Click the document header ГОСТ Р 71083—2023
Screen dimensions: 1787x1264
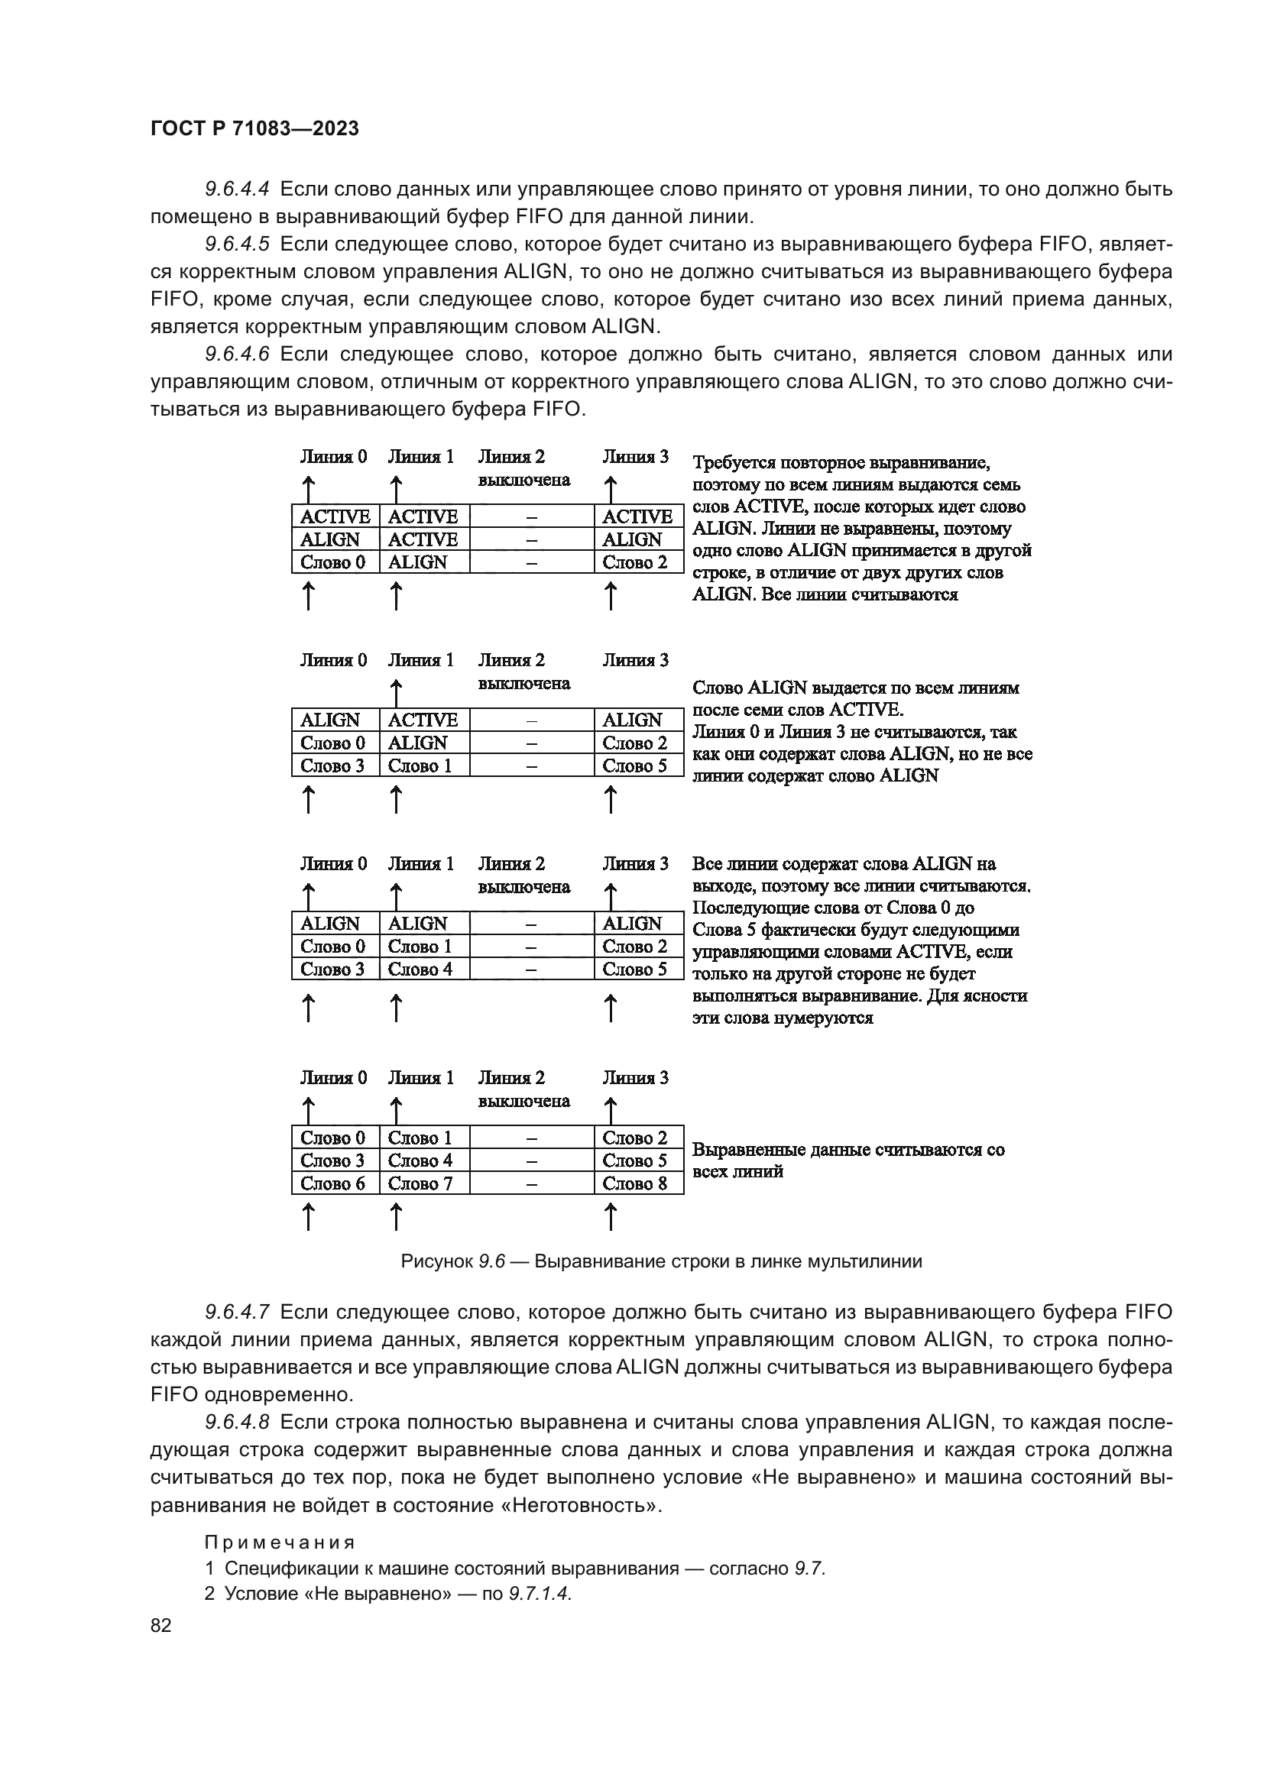tap(254, 128)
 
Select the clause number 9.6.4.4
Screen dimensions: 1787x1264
tap(237, 189)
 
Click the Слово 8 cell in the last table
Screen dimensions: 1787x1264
tap(635, 1183)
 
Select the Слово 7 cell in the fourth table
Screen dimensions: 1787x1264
tap(420, 1183)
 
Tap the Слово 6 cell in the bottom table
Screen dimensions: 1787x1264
tap(333, 1183)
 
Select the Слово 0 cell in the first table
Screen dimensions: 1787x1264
tap(333, 562)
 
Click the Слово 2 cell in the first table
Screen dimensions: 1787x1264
tap(635, 562)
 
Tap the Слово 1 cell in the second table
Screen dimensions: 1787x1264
tap(420, 766)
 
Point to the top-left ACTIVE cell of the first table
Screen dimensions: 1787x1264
tap(335, 516)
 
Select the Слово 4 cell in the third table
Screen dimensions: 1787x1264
tap(420, 969)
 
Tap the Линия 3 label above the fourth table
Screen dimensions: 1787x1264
tap(635, 1078)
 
